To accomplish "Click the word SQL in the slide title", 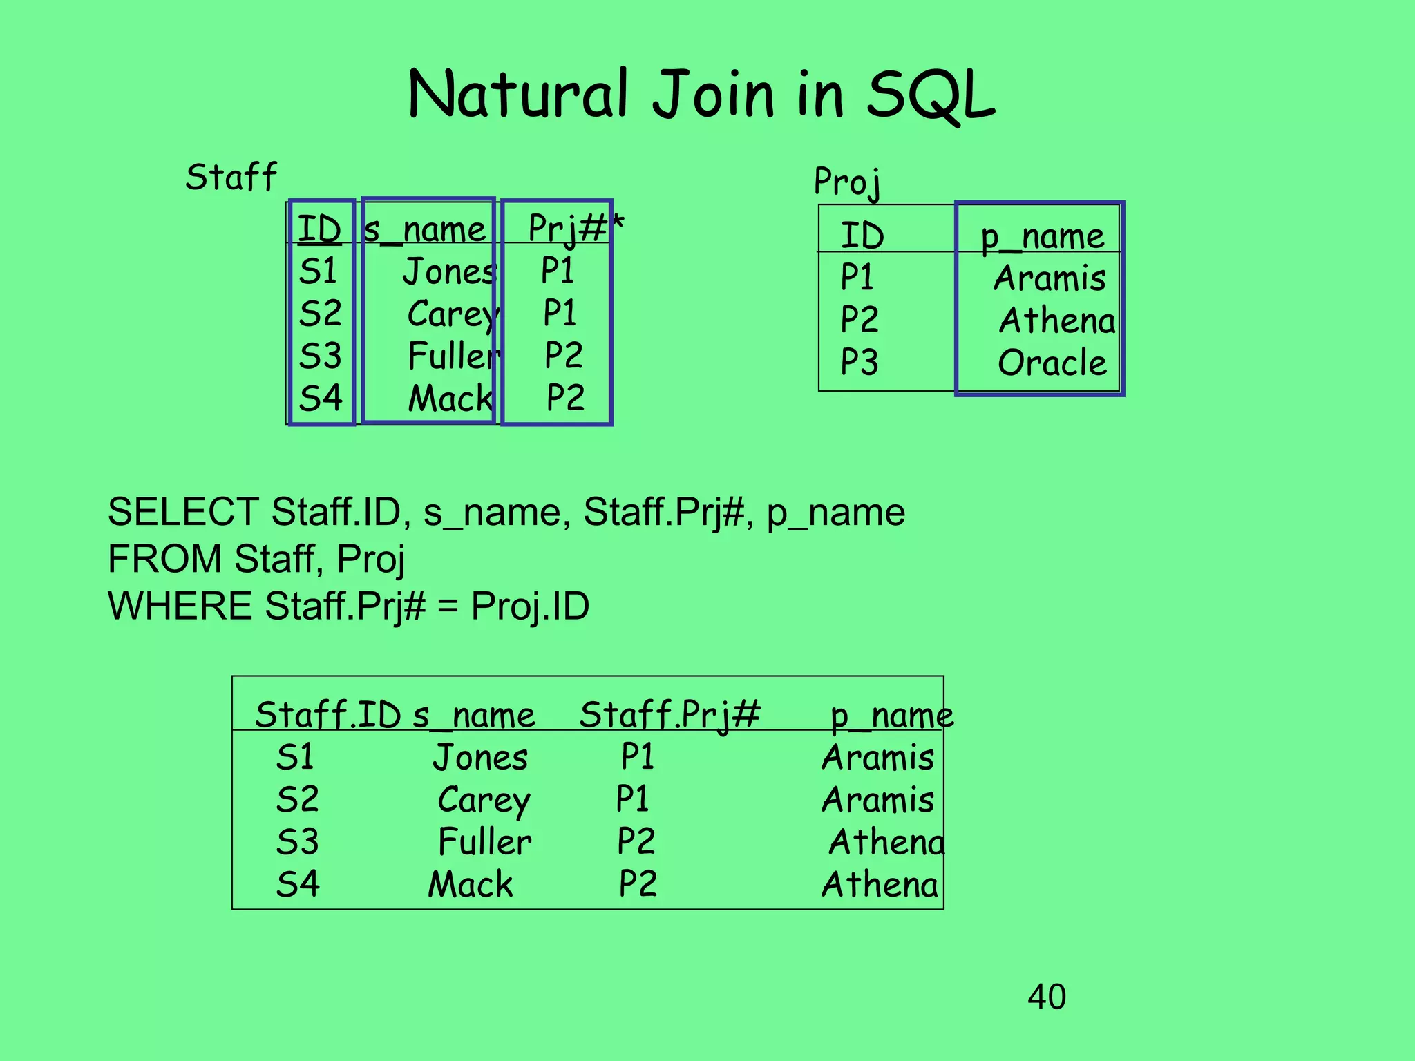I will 929,95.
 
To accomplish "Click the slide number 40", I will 1046,997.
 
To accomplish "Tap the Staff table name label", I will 231,177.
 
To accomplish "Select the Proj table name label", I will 847,182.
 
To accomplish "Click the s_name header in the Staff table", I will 425,229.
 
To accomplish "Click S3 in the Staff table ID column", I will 320,356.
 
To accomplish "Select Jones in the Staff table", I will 450,271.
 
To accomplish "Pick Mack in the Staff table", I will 450,399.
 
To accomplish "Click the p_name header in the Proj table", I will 1043,236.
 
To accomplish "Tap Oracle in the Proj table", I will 1052,363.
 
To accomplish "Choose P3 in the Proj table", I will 859,362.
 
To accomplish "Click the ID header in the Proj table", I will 862,236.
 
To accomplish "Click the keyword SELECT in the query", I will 183,513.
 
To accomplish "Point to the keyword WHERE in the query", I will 180,606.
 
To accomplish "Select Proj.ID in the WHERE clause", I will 530,606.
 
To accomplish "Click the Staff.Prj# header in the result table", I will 669,715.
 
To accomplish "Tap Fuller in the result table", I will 485,842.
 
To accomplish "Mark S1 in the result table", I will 295,757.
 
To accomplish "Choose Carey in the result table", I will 484,800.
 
